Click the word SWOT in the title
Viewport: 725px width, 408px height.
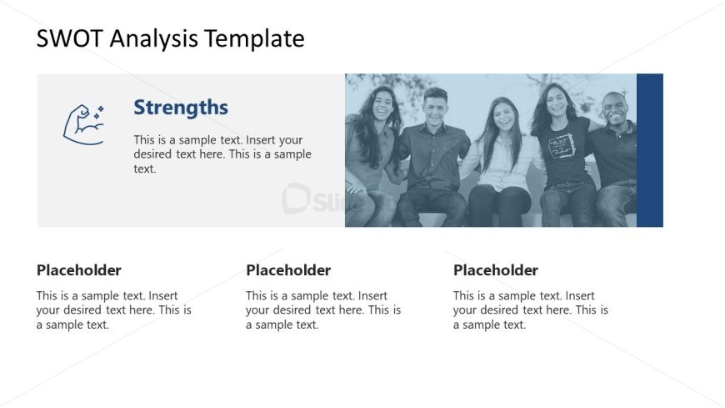pyautogui.click(x=69, y=38)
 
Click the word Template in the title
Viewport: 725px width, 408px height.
pyautogui.click(x=254, y=39)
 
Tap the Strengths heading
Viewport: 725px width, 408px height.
pyautogui.click(x=181, y=108)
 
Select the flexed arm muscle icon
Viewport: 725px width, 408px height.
pyautogui.click(x=83, y=124)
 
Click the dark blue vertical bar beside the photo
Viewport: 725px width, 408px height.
pyautogui.click(x=650, y=150)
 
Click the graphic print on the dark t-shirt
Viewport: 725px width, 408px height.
pyautogui.click(x=562, y=146)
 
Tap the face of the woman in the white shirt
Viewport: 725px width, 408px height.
pyautogui.click(x=503, y=116)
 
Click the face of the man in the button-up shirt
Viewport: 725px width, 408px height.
pyautogui.click(x=435, y=107)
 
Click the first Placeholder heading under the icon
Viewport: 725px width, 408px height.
pyautogui.click(x=78, y=270)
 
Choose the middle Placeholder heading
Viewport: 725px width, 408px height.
pyautogui.click(x=288, y=270)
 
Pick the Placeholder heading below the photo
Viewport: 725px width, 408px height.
pyautogui.click(x=495, y=270)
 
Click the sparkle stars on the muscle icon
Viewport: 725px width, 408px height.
pyautogui.click(x=98, y=112)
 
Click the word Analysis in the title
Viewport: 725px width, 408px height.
pyautogui.click(x=153, y=39)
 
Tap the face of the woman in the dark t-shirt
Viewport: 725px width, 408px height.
pyautogui.click(x=557, y=102)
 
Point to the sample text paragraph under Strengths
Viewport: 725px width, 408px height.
pyautogui.click(x=222, y=154)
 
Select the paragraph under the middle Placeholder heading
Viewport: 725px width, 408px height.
pyautogui.click(x=323, y=310)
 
